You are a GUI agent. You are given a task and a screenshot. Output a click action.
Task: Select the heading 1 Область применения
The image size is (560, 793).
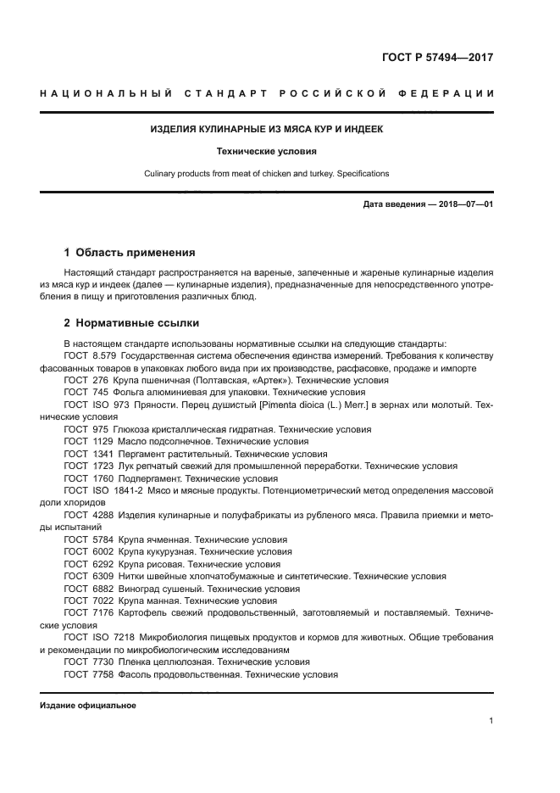130,252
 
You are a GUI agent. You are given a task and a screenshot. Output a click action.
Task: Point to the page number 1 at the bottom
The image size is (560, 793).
491,721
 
